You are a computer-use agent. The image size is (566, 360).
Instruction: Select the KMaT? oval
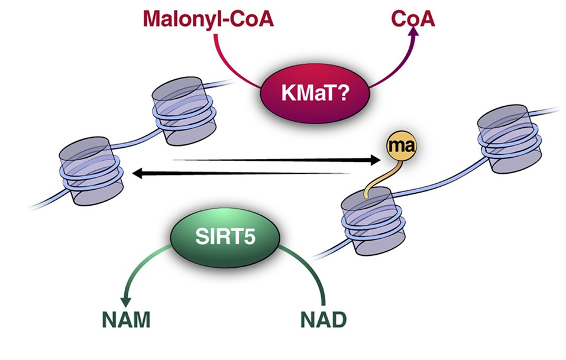point(316,92)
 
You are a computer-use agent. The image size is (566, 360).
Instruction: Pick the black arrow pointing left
point(237,173)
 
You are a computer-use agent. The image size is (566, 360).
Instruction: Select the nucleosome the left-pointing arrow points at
point(89,171)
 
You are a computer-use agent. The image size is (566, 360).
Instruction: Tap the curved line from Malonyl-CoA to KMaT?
point(234,65)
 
